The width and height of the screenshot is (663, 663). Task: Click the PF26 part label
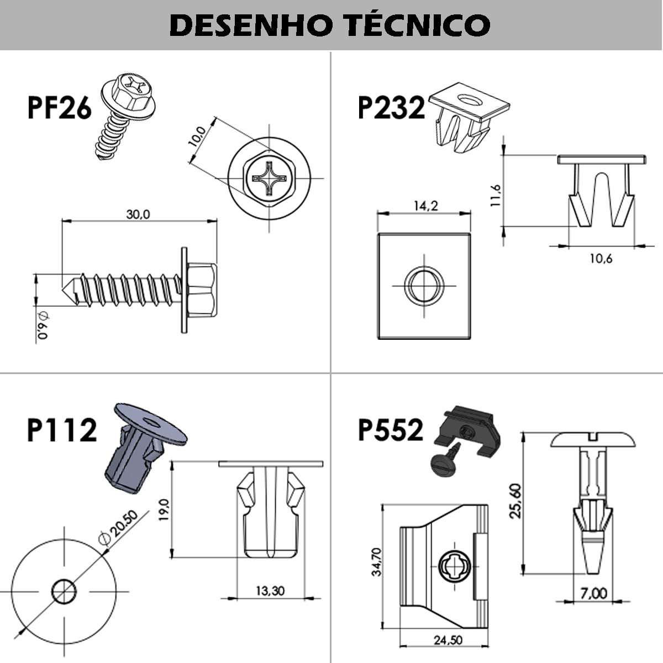[x=59, y=107]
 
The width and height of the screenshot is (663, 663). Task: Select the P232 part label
[x=391, y=107]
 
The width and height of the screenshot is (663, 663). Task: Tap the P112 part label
[x=62, y=430]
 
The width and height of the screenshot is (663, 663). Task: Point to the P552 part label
[x=391, y=430]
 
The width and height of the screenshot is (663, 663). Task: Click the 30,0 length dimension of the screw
[x=138, y=214]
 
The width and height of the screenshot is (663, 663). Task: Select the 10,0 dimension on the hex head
[x=197, y=135]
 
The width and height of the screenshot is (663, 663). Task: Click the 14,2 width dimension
[x=425, y=206]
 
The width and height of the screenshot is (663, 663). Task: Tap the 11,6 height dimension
[x=496, y=195]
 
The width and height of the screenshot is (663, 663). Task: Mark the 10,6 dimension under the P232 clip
[x=601, y=258]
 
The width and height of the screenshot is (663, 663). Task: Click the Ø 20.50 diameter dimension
[x=117, y=527]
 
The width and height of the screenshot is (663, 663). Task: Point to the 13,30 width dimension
[x=270, y=591]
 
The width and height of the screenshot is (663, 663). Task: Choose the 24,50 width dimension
[x=448, y=641]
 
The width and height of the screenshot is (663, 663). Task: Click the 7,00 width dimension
[x=593, y=593]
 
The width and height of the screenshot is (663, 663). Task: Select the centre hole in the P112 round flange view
[x=64, y=592]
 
